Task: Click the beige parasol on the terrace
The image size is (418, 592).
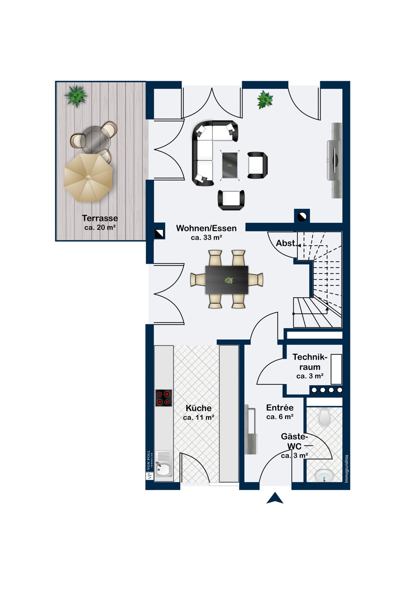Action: pos(88,178)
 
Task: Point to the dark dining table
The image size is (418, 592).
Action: pos(227,280)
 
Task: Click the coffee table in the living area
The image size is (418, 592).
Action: pos(230,165)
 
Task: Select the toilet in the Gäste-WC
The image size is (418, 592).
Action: pos(325,417)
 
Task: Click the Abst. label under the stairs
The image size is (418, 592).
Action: pos(287,243)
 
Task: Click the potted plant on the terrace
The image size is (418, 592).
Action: pos(76,96)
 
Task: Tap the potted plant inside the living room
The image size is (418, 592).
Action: pos(264,99)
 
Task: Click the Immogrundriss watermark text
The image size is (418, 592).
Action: pos(347,468)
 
